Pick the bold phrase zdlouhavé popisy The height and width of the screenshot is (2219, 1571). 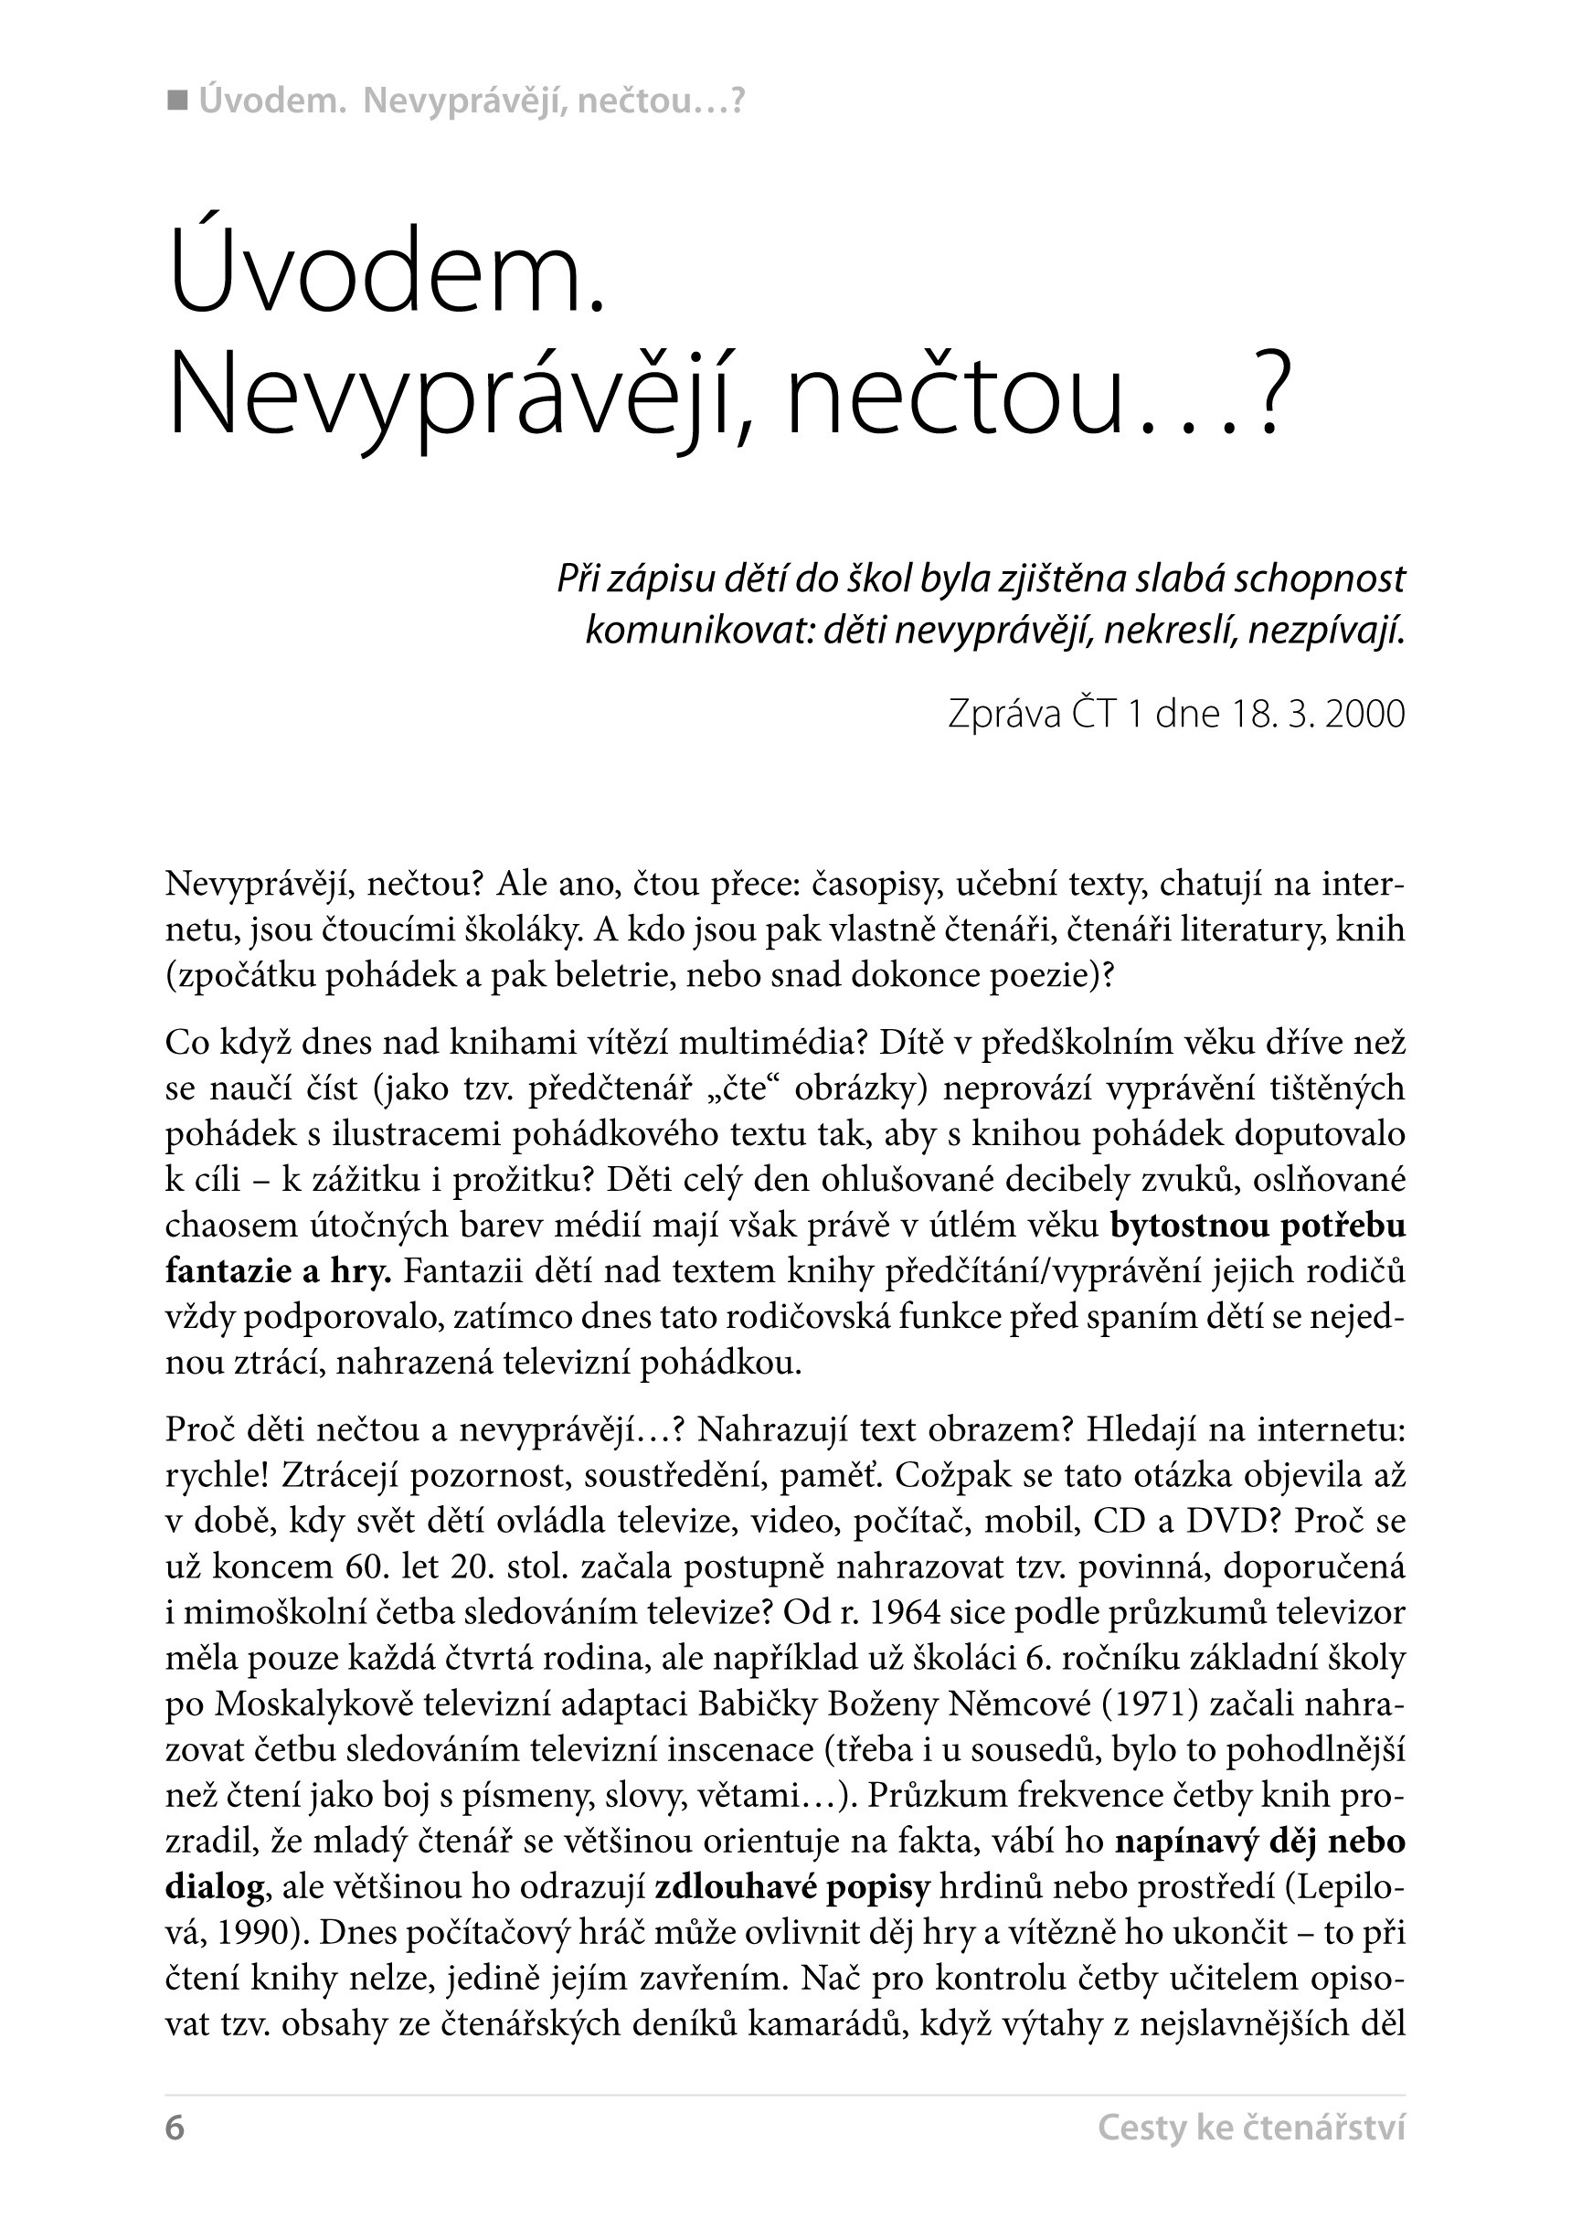click(792, 1886)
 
